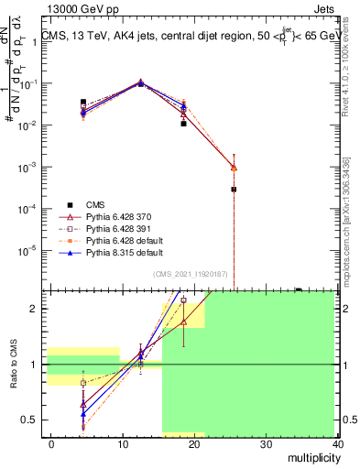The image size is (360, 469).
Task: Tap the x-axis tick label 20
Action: click(x=194, y=443)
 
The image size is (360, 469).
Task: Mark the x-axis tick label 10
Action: click(x=123, y=443)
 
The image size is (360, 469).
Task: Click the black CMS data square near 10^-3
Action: click(x=234, y=189)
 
